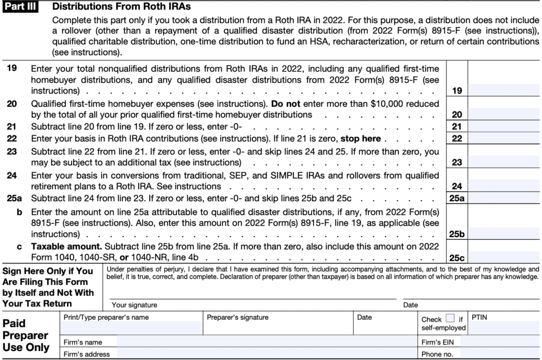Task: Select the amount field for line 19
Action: (x=503, y=91)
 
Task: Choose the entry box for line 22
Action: (x=503, y=138)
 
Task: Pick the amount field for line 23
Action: (x=503, y=162)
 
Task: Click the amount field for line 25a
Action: (x=503, y=199)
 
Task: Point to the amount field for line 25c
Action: (x=503, y=258)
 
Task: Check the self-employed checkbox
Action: (x=450, y=319)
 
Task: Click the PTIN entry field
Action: (x=503, y=328)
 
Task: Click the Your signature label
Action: (x=134, y=305)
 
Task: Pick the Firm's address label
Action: (x=86, y=354)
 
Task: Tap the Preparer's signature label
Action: (x=237, y=318)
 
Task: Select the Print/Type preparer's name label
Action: (x=106, y=318)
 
